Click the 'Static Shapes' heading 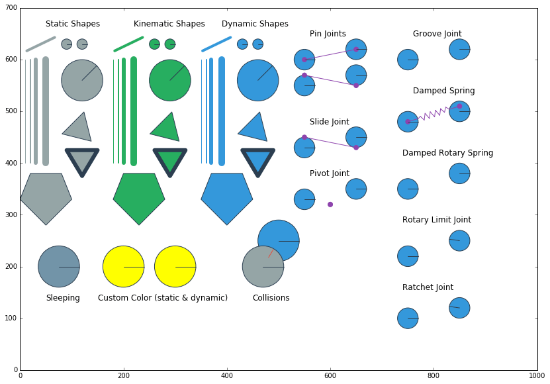point(73,24)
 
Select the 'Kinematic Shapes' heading point(169,24)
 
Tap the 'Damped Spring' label point(443,91)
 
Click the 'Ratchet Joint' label point(428,288)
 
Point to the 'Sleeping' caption point(63,299)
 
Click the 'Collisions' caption point(271,299)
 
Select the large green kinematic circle point(169,80)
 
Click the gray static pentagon point(46,198)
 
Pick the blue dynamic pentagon point(227,198)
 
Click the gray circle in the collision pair point(263,267)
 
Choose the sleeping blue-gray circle point(59,267)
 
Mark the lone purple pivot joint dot point(330,205)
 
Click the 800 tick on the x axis point(434,375)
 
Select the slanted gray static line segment point(40,44)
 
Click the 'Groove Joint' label point(437,34)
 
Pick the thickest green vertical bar point(134,111)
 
